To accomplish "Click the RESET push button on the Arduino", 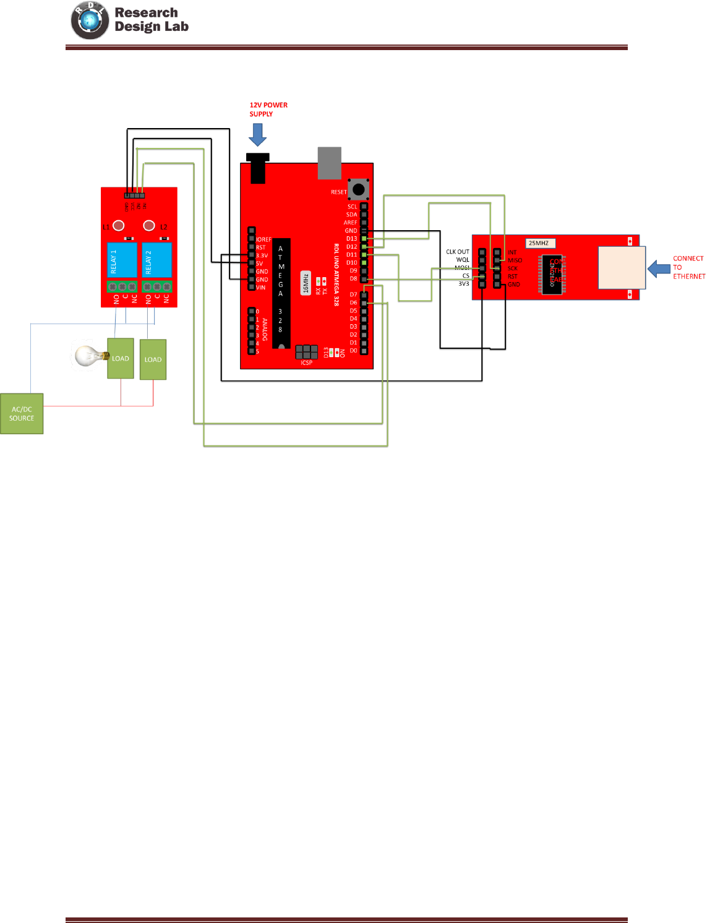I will (x=358, y=189).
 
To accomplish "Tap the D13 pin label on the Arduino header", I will (x=351, y=239).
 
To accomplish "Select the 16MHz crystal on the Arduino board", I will (x=306, y=283).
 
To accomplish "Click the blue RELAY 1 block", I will (x=122, y=260).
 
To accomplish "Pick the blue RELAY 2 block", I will (x=157, y=260).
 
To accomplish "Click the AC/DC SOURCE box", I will (x=22, y=414).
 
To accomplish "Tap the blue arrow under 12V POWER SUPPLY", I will (x=257, y=134).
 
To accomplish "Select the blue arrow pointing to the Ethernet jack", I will (x=659, y=268).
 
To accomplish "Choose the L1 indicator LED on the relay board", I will (x=119, y=226).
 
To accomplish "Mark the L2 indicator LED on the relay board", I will (x=149, y=226).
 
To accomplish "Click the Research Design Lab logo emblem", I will (x=90, y=20).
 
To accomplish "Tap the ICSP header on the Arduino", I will (x=306, y=352).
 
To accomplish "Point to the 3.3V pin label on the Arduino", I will (x=262, y=255).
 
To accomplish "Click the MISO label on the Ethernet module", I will (x=515, y=260).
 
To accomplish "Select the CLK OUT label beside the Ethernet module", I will (x=457, y=252).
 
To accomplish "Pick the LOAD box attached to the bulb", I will (x=121, y=358).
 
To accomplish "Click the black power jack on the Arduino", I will (x=258, y=168).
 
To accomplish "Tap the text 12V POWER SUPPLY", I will (x=268, y=109).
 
